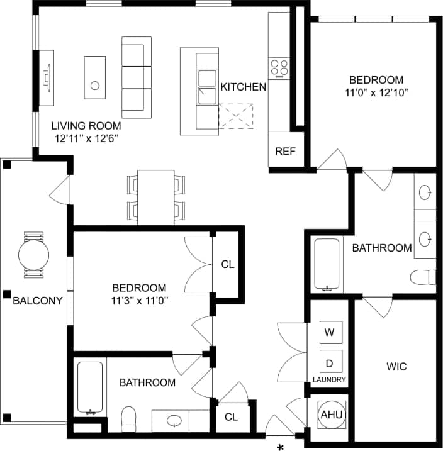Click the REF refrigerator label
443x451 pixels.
point(285,152)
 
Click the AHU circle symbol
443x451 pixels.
point(330,415)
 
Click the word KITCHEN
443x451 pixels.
point(243,87)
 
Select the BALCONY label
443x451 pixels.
point(38,300)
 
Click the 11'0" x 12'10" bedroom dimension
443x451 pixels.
point(376,93)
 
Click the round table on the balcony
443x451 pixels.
point(33,255)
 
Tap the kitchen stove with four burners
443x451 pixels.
point(279,67)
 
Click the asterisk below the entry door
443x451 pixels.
point(280,446)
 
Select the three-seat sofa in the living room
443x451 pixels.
point(137,77)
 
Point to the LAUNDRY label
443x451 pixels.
point(329,380)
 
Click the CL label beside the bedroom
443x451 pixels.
point(227,265)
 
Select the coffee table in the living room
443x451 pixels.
point(94,77)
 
